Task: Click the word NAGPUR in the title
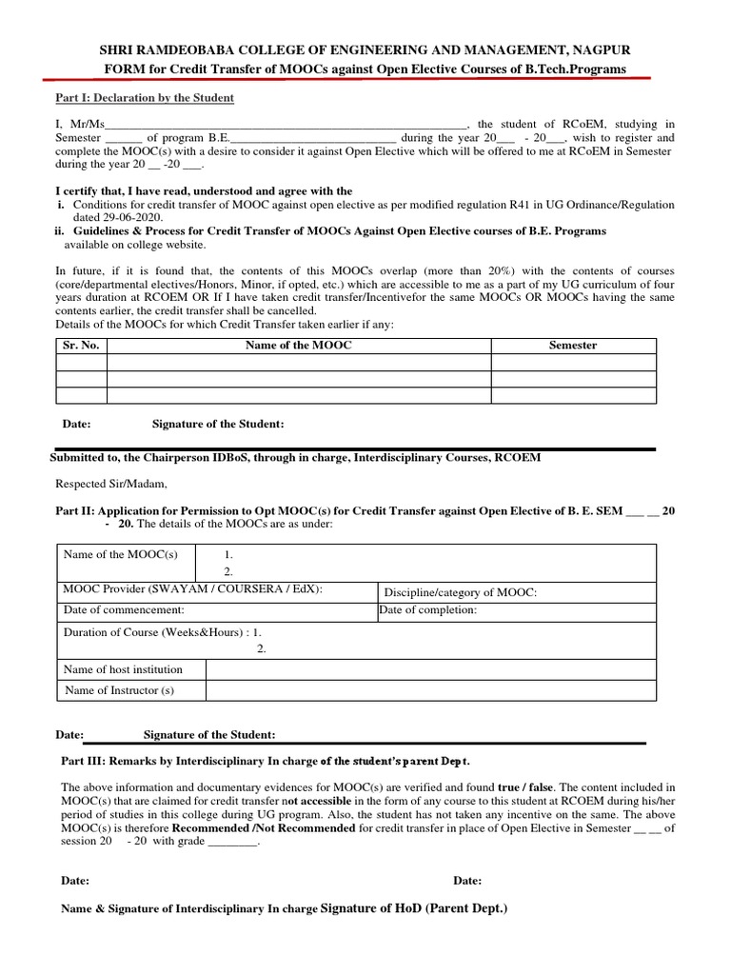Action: point(595,49)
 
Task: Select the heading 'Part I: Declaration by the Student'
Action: point(144,98)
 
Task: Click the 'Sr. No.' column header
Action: point(81,345)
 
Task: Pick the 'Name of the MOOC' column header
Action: point(299,345)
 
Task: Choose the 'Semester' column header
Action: point(573,345)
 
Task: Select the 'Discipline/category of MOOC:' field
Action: point(460,592)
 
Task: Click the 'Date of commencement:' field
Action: point(124,610)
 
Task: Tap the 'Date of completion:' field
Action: point(428,610)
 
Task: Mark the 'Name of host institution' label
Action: point(123,669)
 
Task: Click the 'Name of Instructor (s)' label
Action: point(120,690)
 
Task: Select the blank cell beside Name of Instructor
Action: point(430,690)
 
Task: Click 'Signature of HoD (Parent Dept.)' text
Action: point(415,908)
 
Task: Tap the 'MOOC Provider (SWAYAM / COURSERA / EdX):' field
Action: point(193,589)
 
